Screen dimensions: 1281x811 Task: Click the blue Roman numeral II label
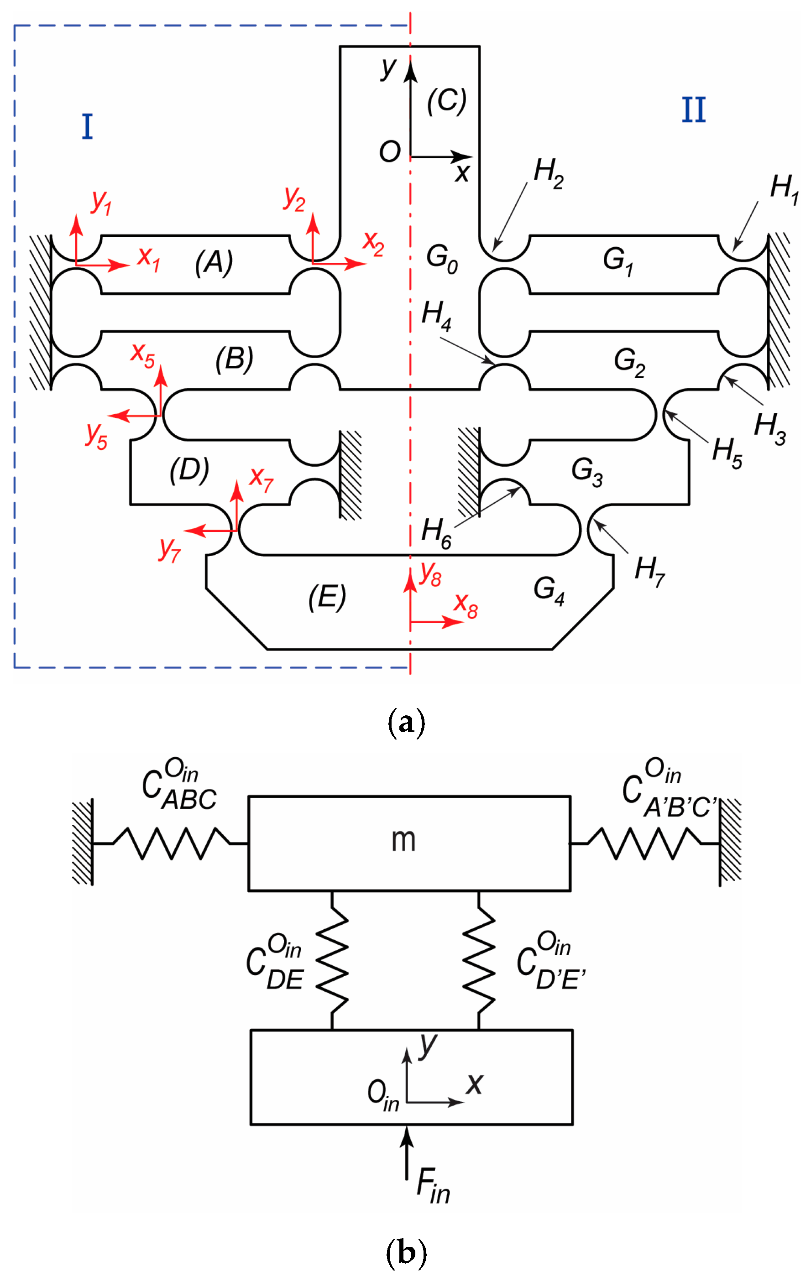tap(693, 110)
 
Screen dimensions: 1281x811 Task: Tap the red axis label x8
tap(466, 605)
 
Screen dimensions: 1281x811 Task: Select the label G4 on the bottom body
tap(549, 590)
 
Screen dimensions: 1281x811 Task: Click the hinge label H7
tap(649, 571)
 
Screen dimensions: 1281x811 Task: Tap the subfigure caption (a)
tap(406, 723)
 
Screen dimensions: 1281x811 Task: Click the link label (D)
tap(189, 470)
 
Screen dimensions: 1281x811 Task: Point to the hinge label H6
tap(436, 533)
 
